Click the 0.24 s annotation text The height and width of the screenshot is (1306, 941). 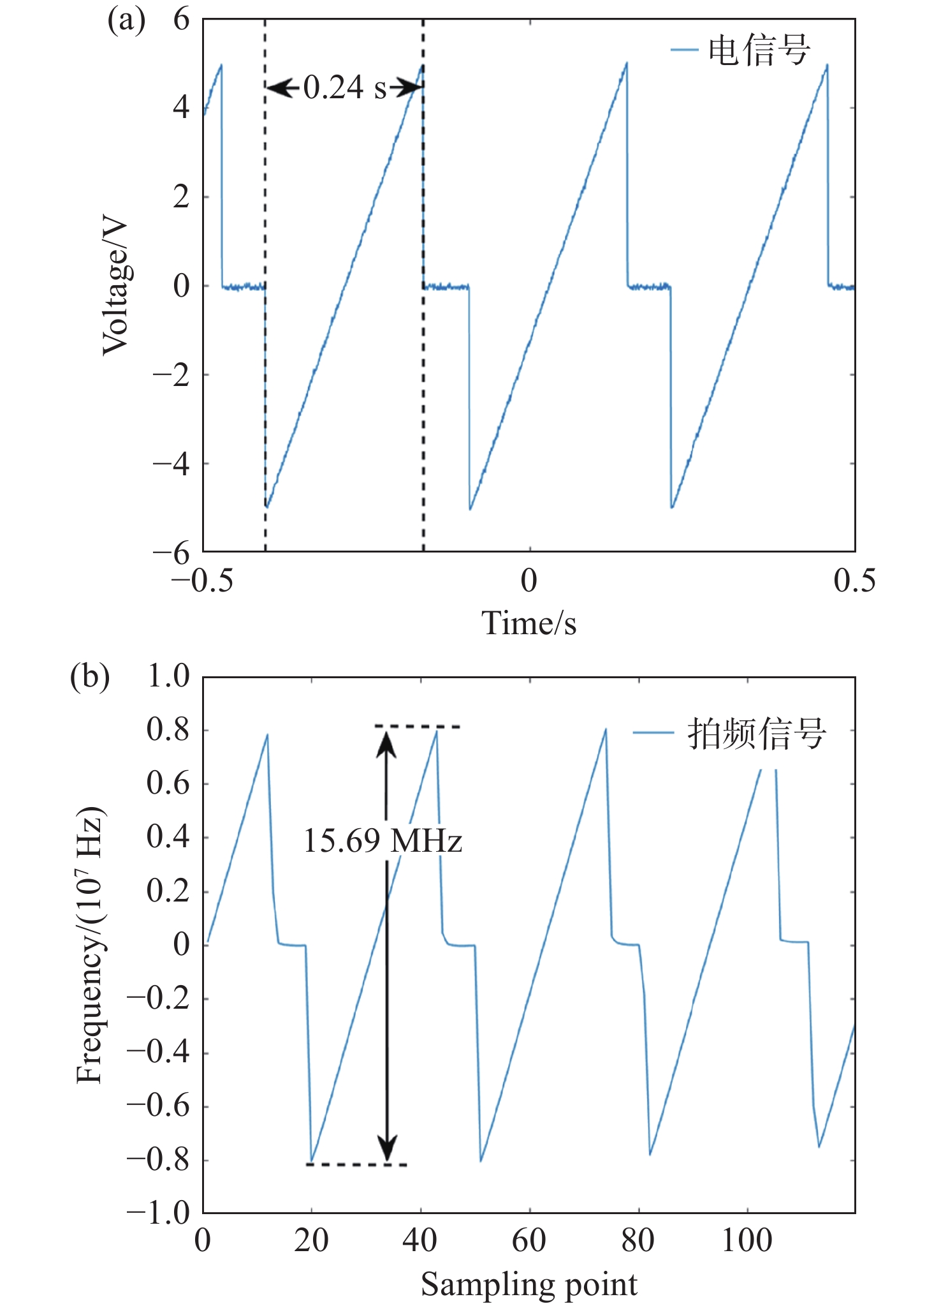[345, 87]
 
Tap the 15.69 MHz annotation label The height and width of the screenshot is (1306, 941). [383, 841]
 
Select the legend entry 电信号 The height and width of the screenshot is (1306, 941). [759, 50]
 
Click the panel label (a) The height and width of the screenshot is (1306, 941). [126, 20]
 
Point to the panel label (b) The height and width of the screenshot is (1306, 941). [90, 676]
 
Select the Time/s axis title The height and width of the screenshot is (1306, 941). [529, 623]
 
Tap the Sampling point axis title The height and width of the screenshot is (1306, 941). [529, 1284]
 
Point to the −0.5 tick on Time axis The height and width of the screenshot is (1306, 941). [202, 581]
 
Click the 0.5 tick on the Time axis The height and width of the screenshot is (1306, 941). [854, 581]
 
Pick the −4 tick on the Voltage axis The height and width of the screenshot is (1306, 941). [171, 464]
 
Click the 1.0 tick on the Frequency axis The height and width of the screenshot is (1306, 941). [168, 676]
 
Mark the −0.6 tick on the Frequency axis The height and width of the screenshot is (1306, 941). [159, 1106]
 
